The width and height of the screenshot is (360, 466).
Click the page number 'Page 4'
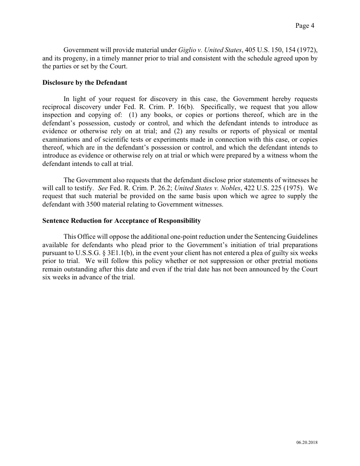[305, 26]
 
